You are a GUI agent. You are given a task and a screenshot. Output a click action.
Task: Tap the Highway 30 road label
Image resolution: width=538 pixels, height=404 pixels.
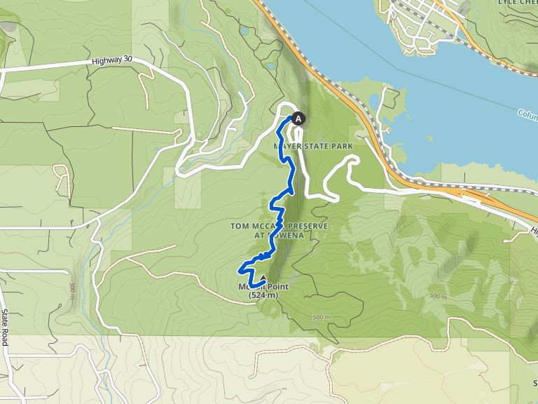coord(111,62)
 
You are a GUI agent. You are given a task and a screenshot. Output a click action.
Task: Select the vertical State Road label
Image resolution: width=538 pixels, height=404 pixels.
coord(4,327)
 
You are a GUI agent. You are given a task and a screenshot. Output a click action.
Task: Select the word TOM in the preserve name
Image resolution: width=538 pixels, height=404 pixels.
coord(240,225)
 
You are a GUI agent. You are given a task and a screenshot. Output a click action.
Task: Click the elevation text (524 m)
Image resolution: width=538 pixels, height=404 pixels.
coord(263,296)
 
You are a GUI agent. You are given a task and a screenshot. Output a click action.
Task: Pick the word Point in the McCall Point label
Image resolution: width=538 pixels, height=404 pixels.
coord(274,287)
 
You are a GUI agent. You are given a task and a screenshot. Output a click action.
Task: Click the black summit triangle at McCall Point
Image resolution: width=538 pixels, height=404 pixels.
coord(263,281)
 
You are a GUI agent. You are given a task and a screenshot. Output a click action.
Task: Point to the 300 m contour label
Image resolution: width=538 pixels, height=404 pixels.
coord(72,292)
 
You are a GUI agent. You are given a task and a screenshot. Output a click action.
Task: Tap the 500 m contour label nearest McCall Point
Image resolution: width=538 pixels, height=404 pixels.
coord(322,318)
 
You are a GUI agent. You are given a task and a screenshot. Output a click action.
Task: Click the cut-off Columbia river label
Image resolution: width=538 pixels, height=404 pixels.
coord(527,114)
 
